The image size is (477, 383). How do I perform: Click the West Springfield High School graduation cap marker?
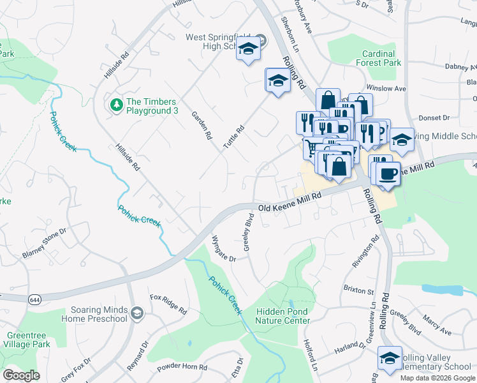(x=248, y=49)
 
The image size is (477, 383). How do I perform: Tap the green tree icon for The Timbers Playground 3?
(x=116, y=103)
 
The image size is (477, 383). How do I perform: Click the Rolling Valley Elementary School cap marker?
(x=389, y=359)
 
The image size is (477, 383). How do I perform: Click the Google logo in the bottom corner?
(x=22, y=375)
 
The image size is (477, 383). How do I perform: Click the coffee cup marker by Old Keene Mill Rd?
(x=387, y=174)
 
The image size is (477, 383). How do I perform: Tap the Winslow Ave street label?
(x=386, y=89)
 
